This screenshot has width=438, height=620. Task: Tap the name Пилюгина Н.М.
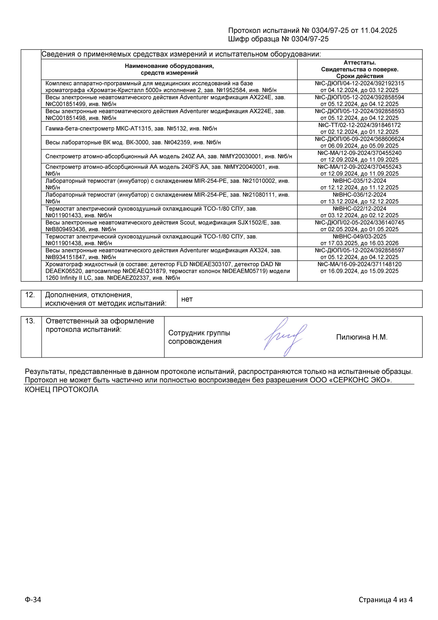pos(361,337)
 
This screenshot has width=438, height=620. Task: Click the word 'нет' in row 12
pos(187,299)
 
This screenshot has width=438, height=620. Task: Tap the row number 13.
pos(30,321)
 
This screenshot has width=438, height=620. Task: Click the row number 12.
pos(30,295)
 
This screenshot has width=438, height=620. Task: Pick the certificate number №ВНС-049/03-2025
pos(359,236)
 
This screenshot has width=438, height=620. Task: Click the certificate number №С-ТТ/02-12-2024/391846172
pos(359,125)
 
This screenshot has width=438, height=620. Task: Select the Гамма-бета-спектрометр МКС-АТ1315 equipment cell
pos(131,128)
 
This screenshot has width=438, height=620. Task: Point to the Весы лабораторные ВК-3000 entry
pos(133,142)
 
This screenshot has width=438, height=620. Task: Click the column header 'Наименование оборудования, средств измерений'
pos(169,69)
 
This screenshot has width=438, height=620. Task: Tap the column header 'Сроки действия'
pos(360,76)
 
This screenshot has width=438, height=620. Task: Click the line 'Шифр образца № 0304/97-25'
pos(278,39)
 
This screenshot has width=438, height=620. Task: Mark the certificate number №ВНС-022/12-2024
pos(359,209)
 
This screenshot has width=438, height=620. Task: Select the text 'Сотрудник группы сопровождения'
pos(199,337)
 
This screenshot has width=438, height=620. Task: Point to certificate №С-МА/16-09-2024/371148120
pos(359,264)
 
